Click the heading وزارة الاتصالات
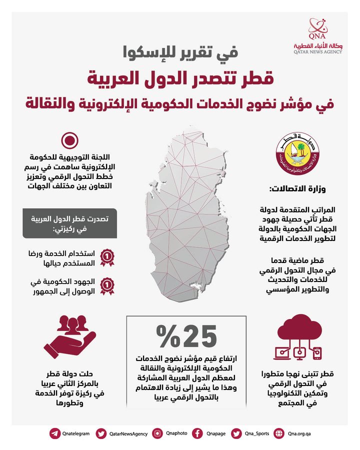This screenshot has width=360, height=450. click(297, 189)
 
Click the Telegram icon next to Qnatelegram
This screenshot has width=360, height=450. click(54, 433)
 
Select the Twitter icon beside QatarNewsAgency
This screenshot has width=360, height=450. click(101, 433)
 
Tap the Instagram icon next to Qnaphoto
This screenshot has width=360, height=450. click(158, 433)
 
